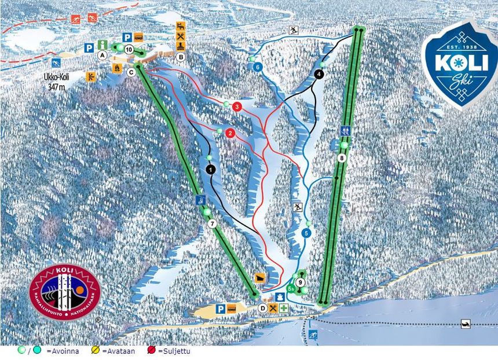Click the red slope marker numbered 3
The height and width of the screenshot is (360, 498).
[x=236, y=106]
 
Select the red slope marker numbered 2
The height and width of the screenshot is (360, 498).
[x=230, y=134]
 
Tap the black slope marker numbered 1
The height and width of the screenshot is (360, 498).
[x=210, y=169]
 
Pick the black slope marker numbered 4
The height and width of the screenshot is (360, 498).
[x=318, y=74]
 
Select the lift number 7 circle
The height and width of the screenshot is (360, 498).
[x=213, y=223]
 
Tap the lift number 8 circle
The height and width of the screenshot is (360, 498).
[x=342, y=157]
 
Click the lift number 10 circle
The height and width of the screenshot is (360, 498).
[x=129, y=50]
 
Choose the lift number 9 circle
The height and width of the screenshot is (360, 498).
[x=301, y=282]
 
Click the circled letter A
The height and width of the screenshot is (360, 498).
[x=102, y=56]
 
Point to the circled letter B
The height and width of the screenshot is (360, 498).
[x=181, y=57]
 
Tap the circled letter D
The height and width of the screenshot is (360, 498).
[x=263, y=308]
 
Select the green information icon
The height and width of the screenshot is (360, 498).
[x=102, y=45]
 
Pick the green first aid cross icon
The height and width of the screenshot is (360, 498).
[x=284, y=308]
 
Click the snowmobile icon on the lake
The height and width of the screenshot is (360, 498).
[x=465, y=324]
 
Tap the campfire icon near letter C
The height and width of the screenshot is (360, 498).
[x=116, y=68]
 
